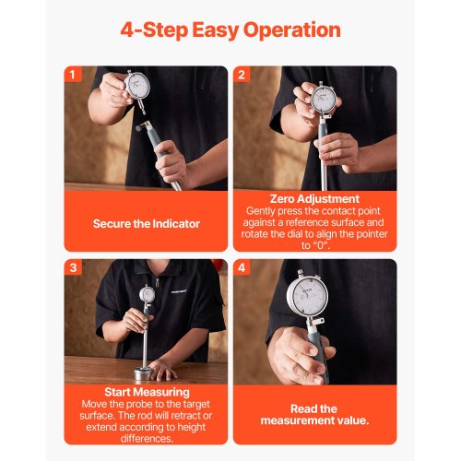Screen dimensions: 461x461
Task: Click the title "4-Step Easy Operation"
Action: [x=230, y=30]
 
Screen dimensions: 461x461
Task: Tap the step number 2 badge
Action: [x=242, y=75]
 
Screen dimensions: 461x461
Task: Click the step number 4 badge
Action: [x=242, y=267]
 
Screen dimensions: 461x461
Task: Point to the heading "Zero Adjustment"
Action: [x=313, y=198]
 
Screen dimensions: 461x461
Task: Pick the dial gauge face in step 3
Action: [x=147, y=295]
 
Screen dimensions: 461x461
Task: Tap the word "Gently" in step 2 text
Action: [x=263, y=211]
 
